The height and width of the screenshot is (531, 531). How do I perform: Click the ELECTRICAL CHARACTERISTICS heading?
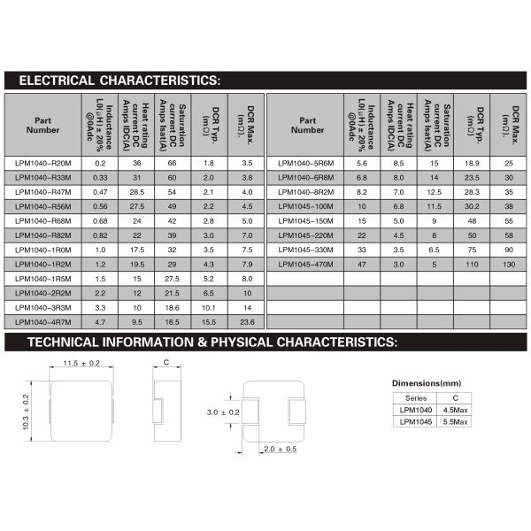point(119,81)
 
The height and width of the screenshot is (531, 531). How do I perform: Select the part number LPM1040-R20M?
point(43,163)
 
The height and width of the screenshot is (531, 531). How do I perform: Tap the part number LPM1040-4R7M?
point(43,323)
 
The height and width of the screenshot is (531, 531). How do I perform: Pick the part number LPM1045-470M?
point(305,265)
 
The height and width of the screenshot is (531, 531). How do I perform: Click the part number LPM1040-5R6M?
point(305,163)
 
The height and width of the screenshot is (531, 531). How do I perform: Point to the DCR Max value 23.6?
point(247,323)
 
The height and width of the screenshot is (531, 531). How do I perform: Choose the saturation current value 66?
point(173,163)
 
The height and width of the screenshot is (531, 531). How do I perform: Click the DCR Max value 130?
point(509,265)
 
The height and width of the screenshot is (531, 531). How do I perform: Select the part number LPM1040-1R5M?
point(43,279)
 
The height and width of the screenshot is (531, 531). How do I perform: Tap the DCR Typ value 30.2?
point(472,206)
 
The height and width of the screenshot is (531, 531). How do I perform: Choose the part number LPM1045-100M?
point(305,206)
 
